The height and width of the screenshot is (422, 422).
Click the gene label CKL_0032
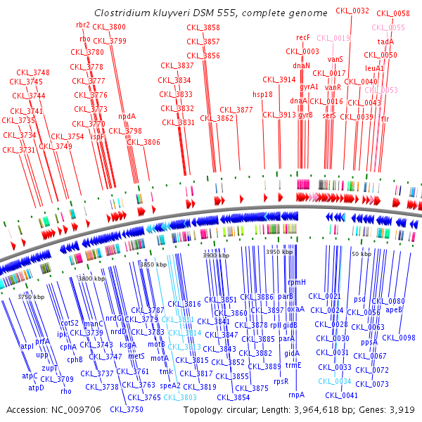click(352, 11)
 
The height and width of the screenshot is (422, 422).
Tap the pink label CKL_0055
click(388, 27)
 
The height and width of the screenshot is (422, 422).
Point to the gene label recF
click(303, 37)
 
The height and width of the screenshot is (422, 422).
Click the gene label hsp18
click(262, 94)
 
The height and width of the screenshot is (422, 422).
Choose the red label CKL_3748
click(33, 72)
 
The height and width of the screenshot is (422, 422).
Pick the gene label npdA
click(127, 116)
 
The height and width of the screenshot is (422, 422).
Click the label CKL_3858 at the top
click(203, 27)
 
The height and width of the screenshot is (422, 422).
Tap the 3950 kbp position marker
click(277, 251)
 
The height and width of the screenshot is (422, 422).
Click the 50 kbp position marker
click(361, 253)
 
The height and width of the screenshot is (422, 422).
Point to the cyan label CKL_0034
click(334, 381)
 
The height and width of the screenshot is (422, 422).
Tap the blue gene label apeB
click(395, 309)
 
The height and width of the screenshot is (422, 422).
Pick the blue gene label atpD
click(36, 387)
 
